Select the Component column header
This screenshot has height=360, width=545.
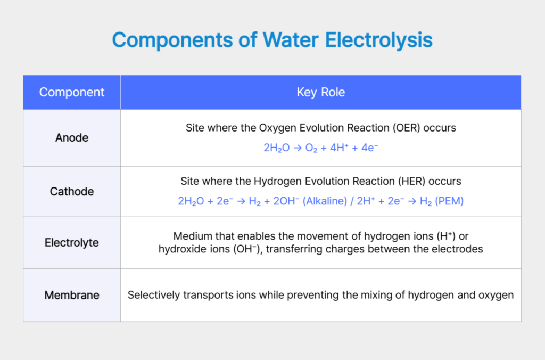[x=72, y=92]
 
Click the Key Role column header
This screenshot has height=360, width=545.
[x=320, y=92]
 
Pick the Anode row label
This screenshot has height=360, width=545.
[x=72, y=138]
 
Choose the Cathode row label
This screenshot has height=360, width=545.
[x=72, y=191]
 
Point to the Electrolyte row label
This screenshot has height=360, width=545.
[x=72, y=243]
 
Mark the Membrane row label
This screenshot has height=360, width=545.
[x=72, y=295]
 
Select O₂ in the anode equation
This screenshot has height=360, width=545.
[x=311, y=148]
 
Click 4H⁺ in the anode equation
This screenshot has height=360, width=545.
[x=339, y=148]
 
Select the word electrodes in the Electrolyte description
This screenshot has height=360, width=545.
[x=459, y=249]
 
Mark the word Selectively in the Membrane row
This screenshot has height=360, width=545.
[x=152, y=295]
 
